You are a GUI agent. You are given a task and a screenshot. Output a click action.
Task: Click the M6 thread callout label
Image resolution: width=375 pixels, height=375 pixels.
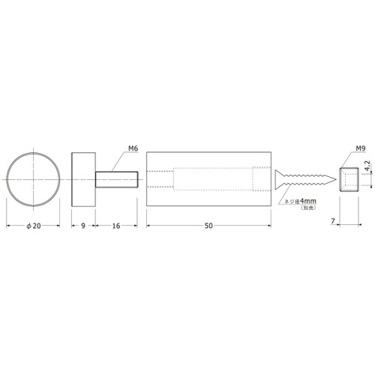[x=133, y=148]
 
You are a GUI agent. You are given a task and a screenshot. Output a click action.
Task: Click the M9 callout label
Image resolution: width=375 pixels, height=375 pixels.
[x=361, y=148]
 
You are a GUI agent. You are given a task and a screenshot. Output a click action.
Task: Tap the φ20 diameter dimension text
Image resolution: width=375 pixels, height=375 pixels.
[x=34, y=226]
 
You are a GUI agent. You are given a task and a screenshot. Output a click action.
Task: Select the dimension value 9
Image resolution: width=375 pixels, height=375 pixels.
[x=83, y=226]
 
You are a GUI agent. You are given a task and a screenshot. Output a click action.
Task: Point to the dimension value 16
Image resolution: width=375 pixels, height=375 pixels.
[x=116, y=226]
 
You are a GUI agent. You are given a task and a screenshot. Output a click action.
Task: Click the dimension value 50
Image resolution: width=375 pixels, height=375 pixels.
[x=208, y=226]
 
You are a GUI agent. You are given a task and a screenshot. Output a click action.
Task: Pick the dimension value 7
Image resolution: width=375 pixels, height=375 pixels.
[x=333, y=221]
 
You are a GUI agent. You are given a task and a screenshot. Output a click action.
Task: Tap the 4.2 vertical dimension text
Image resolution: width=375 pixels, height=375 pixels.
[x=367, y=166]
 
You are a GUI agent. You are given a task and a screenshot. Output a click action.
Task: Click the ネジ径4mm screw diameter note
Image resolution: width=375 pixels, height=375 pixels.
[x=301, y=201]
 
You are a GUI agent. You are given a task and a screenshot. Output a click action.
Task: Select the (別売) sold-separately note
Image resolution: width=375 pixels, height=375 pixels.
[x=308, y=208]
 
